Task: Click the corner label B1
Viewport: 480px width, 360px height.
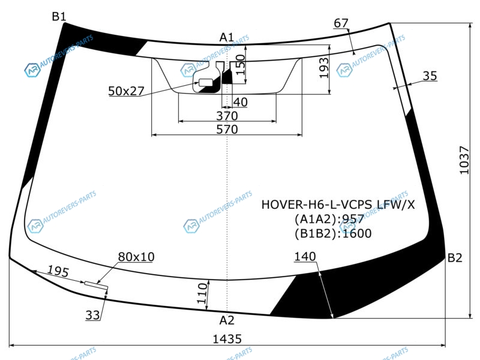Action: click(59, 16)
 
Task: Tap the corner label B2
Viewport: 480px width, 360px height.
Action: click(455, 258)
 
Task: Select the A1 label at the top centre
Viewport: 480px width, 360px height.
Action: click(227, 37)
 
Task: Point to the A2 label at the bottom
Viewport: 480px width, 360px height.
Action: click(227, 320)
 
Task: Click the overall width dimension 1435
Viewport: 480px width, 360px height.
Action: click(227, 339)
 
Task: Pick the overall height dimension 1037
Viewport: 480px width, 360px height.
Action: click(464, 160)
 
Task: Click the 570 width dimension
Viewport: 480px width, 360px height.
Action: click(227, 130)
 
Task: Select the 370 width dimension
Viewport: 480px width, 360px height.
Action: click(227, 116)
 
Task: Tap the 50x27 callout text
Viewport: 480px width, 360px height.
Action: click(126, 91)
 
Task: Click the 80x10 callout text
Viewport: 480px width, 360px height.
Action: click(136, 257)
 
